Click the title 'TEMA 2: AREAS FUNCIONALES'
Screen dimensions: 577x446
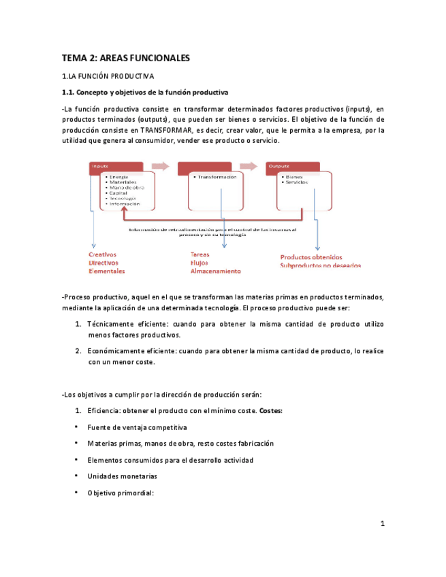[x=126, y=59]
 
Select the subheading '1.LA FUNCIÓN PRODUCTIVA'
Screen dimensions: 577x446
[x=108, y=76]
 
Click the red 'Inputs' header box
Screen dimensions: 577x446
[x=116, y=167]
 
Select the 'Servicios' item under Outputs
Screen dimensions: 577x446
[x=297, y=182]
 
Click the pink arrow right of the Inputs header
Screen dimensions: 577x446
[x=160, y=167]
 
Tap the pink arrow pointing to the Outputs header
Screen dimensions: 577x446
[x=248, y=167]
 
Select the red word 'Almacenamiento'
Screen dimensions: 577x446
[x=215, y=271]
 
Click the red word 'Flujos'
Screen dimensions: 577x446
[x=200, y=263]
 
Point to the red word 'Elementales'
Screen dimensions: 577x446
[x=107, y=271]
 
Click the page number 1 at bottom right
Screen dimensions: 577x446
[x=383, y=523]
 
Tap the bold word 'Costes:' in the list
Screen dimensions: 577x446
[x=271, y=410]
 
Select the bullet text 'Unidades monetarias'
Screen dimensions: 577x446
[x=122, y=476]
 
